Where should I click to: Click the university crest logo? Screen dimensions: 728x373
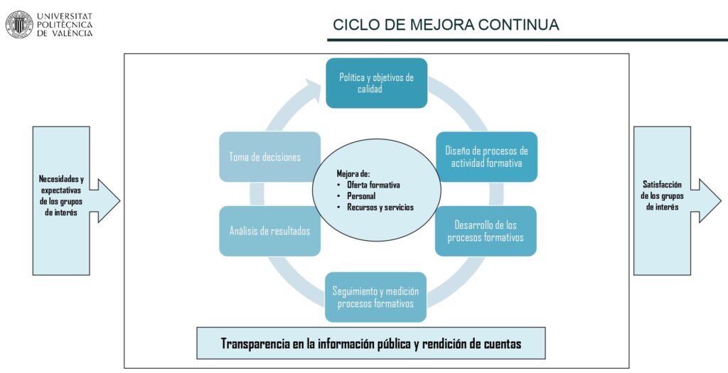pos(19,24)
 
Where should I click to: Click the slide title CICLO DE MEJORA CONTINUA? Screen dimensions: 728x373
pos(446,25)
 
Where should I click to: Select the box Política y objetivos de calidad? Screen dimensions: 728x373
pos(377,83)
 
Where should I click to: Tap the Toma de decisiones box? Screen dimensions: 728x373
pos(269,157)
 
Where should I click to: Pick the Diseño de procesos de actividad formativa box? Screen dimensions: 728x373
pos(486,157)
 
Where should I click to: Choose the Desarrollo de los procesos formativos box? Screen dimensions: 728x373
pos(486,231)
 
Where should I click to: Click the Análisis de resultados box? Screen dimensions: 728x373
pos(269,231)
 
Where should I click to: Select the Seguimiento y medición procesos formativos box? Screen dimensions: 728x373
pos(375,298)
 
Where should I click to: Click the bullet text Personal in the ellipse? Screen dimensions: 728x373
pos(361,196)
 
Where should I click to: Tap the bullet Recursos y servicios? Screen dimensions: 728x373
pos(380,207)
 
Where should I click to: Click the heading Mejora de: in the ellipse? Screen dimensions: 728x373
pos(353,174)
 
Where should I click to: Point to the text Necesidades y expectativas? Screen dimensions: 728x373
pos(61,184)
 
